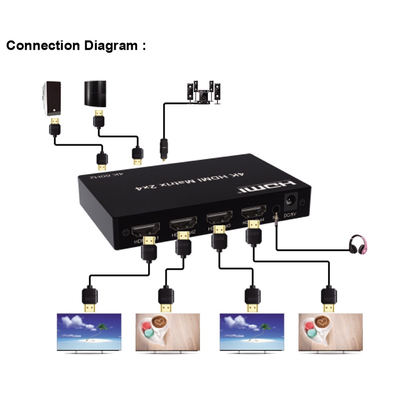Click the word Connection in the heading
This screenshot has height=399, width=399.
43,46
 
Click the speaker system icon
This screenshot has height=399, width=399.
202,93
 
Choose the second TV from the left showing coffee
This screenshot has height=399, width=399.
168,332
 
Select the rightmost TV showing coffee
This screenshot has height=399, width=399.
329,332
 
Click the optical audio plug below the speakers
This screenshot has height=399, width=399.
162,148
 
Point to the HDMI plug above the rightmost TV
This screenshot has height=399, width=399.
328,299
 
